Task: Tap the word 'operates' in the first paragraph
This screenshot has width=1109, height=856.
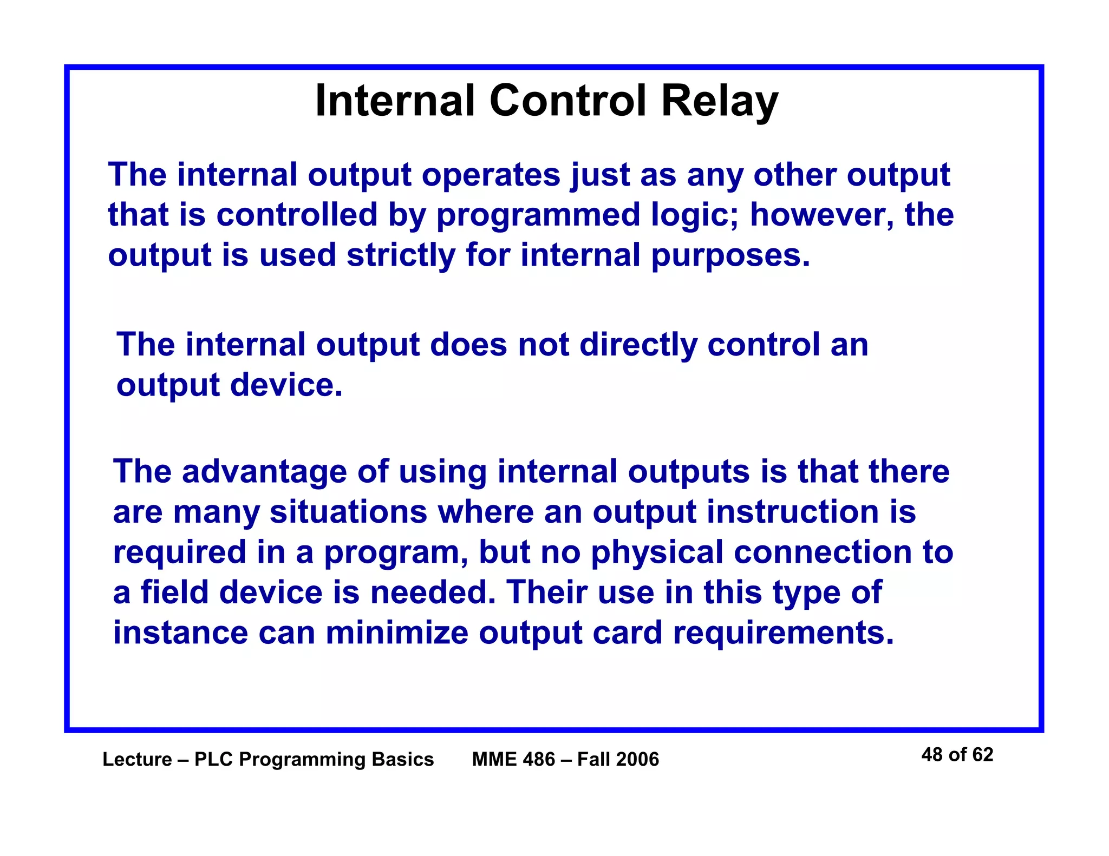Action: (491, 176)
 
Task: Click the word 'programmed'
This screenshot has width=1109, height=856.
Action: (538, 216)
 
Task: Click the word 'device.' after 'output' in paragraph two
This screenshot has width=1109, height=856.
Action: (286, 385)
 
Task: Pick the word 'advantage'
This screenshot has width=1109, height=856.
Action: (264, 472)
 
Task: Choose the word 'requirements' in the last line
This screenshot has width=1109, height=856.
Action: (782, 634)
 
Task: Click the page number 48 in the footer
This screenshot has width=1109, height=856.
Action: (932, 755)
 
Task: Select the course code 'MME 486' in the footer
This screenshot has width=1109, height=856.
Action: (513, 760)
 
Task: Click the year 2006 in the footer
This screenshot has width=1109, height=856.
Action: (638, 760)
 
